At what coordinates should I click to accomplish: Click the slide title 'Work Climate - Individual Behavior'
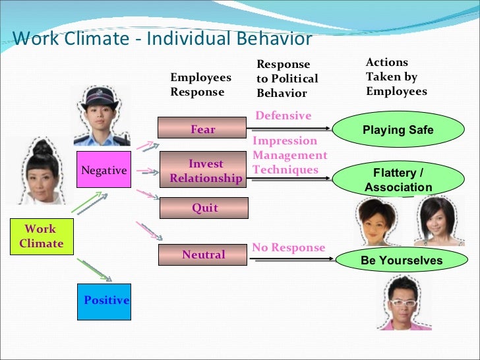point(162,38)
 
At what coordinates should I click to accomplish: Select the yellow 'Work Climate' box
point(40,237)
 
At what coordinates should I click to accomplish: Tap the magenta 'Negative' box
point(103,171)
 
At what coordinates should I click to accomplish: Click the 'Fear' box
point(203,129)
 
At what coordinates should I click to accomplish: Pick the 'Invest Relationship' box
point(204,171)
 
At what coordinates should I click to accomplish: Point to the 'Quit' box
point(204,208)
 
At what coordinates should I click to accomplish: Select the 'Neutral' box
point(204,255)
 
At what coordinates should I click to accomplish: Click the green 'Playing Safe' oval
point(398,130)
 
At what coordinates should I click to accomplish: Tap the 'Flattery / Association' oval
point(398,180)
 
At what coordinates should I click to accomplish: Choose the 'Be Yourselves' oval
point(401,260)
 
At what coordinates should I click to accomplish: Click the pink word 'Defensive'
point(283,115)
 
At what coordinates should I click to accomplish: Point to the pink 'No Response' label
point(288,248)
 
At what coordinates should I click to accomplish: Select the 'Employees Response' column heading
point(200,85)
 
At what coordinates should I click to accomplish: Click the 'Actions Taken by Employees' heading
point(396,76)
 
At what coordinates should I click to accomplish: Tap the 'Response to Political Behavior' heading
point(287,78)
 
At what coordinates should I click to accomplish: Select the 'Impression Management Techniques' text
point(289,156)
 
